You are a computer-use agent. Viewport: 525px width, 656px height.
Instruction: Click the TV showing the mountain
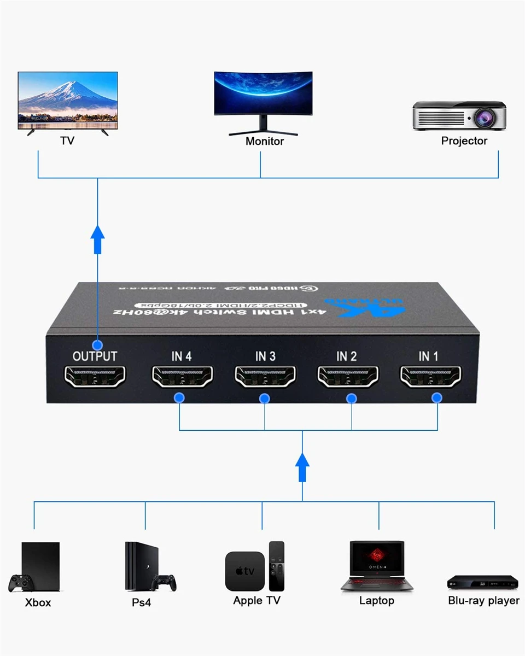point(68,100)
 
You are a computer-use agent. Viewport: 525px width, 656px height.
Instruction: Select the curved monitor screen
point(263,93)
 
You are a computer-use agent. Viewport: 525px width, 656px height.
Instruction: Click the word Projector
point(464,141)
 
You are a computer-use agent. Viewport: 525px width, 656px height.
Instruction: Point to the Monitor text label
point(265,142)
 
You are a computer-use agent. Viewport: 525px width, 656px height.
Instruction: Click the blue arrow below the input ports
point(302,468)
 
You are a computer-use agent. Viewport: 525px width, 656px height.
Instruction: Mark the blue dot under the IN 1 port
point(437,398)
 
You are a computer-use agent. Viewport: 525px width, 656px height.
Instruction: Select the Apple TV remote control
point(277,566)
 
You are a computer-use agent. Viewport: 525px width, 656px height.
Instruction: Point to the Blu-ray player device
point(482,582)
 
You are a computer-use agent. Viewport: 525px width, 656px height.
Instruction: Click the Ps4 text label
point(141,602)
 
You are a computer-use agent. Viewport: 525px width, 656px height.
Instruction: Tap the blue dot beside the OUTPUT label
point(98,345)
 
